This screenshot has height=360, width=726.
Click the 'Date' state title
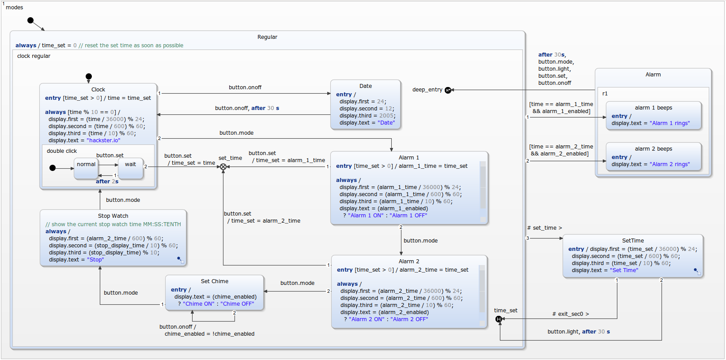pos(365,86)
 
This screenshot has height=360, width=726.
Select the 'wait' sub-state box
pos(130,168)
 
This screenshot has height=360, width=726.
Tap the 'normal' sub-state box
pos(86,168)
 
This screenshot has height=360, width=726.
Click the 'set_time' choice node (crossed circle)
pos(223,167)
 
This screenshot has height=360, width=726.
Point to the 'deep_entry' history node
pos(448,90)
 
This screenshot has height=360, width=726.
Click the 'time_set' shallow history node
pos(499,319)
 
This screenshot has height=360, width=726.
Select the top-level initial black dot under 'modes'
pos(30,20)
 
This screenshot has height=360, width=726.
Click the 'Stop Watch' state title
pos(113,216)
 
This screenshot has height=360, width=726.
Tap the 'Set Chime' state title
pos(215,281)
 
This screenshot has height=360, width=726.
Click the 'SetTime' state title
pos(633,241)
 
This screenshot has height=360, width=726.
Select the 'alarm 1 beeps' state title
pos(653,108)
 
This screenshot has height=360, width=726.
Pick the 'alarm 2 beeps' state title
pos(653,149)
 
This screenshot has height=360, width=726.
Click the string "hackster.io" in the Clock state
pos(103,140)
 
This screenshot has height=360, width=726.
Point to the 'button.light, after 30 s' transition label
pos(579,332)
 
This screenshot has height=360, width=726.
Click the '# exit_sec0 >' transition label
pos(570,314)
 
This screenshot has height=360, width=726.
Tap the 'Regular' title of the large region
pos(267,37)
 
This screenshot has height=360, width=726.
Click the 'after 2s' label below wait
pos(107,182)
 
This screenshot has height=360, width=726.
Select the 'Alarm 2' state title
pos(409,261)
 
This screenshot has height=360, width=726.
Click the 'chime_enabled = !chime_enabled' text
pos(209,334)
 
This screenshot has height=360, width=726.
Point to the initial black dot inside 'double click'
pos(53,168)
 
